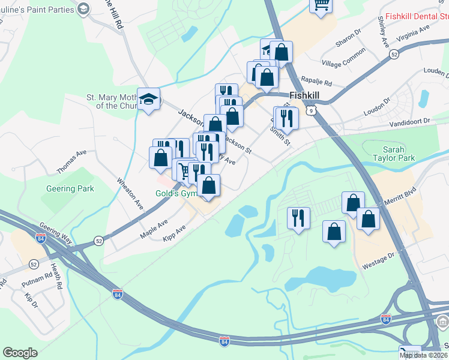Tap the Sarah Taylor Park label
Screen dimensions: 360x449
coord(399,154)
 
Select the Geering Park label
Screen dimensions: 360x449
coord(70,188)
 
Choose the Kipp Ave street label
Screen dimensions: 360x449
coord(174,234)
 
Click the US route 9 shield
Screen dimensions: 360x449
coord(309,110)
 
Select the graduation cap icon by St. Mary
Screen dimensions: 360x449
coord(148,100)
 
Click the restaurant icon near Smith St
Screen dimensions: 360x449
coord(288,118)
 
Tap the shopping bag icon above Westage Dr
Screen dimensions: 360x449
coord(334,232)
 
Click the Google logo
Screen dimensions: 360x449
coord(20,353)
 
